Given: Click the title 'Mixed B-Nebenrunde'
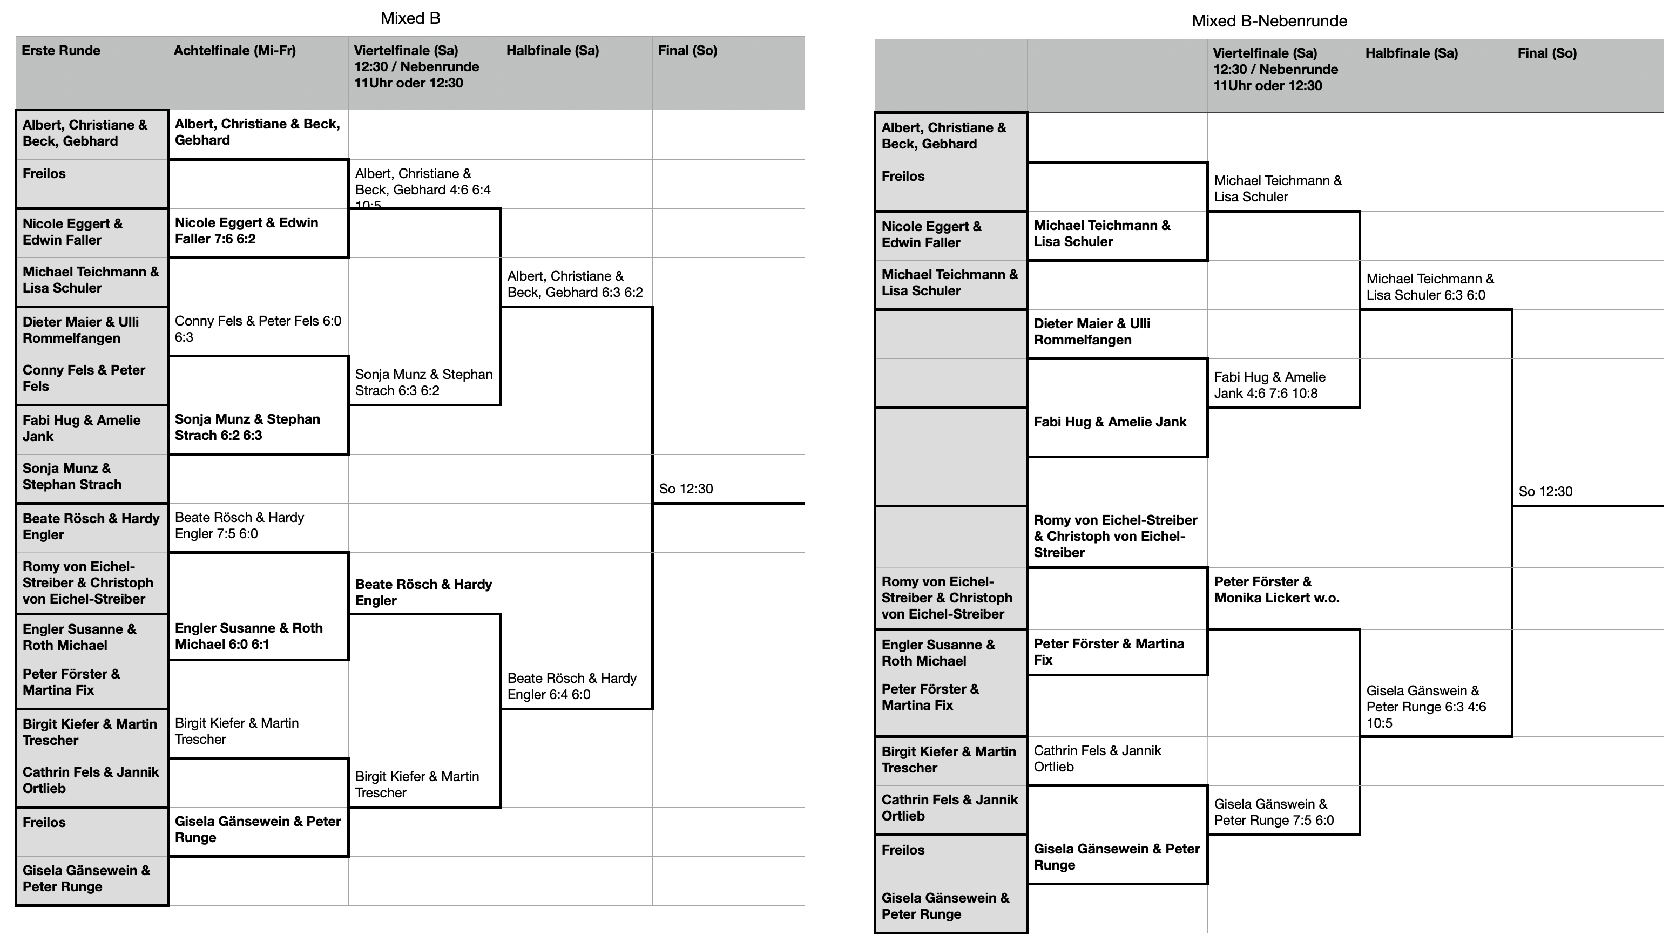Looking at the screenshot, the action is pos(1269,21).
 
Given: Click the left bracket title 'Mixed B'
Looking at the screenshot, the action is pos(410,18).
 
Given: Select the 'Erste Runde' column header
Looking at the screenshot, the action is pos(60,50).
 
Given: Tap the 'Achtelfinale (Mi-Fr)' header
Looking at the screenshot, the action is pos(235,50).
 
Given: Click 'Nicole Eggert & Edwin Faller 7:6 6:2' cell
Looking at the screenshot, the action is pos(246,231).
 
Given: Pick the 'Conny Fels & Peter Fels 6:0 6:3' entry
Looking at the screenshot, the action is pos(258,329).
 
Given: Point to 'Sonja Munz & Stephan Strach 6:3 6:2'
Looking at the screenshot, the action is pos(424,383).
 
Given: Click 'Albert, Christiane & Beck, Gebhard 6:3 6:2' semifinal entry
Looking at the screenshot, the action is pos(575,284).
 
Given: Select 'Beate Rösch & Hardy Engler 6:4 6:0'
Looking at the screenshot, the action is pos(572,686).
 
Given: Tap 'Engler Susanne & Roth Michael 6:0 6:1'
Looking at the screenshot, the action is pos(248,636).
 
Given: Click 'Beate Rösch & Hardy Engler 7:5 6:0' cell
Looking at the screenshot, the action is pos(239,525).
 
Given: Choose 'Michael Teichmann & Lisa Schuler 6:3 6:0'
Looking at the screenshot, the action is pos(1430,287).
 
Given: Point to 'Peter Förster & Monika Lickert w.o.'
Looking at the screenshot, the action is pos(1276,590).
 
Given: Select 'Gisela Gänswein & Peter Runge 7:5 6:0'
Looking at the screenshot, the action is pos(1274,812).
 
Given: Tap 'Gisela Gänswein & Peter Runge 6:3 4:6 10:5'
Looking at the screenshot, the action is pos(1427,707).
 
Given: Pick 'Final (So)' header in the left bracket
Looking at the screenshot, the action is pos(687,50).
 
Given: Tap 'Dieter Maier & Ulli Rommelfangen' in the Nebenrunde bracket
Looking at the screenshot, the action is pos(1092,332).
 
